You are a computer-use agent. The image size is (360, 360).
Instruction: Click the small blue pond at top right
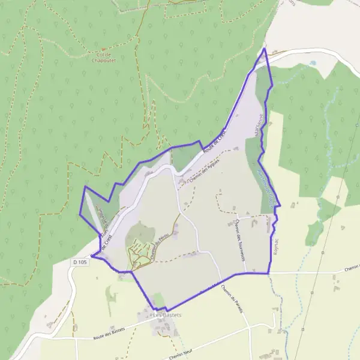tap(312, 62)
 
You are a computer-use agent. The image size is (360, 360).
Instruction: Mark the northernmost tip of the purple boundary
tap(265, 49)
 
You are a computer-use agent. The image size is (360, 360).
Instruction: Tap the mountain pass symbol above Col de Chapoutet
tap(103, 49)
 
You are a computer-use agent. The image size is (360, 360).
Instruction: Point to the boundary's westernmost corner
tap(80, 214)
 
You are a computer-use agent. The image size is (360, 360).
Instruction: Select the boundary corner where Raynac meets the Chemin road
tap(268, 273)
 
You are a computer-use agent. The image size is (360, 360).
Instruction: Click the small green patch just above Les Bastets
tap(158, 300)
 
